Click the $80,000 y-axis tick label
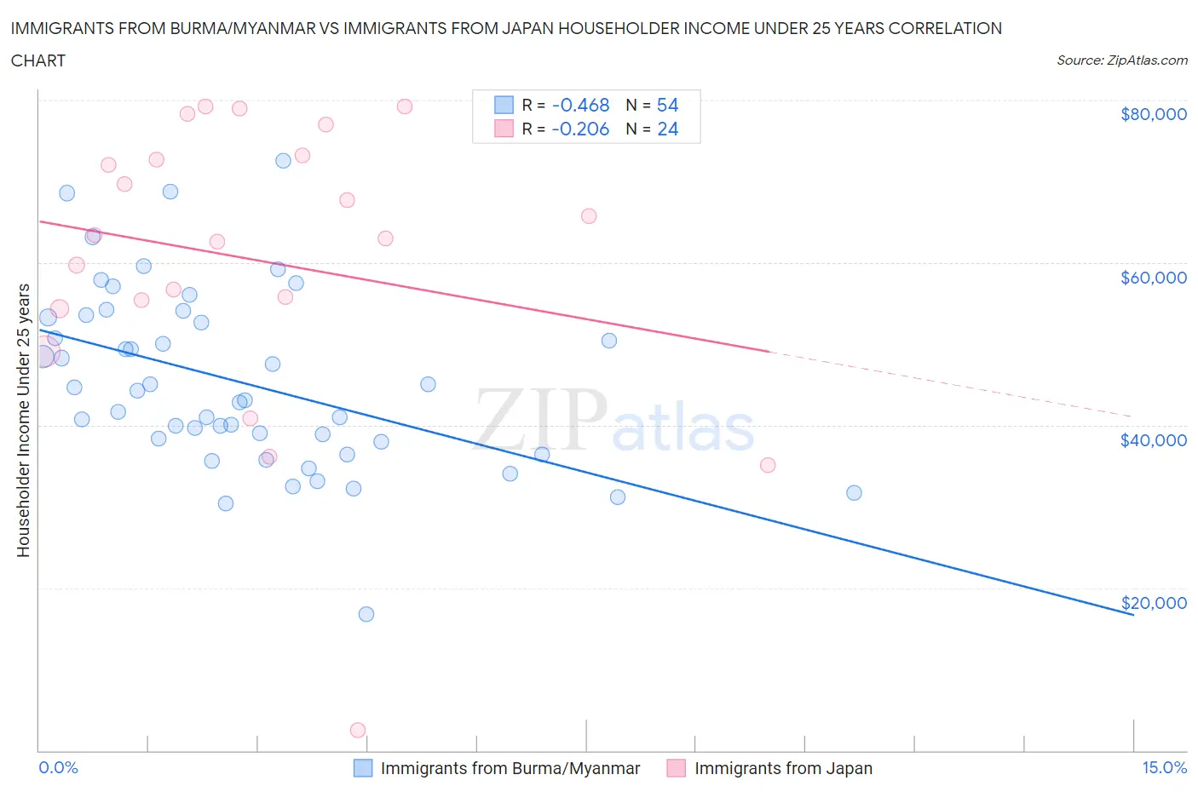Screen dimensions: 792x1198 click(1153, 114)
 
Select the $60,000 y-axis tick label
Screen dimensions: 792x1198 click(1153, 277)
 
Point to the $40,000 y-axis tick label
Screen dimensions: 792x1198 click(1153, 439)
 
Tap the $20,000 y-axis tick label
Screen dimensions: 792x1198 click(1153, 602)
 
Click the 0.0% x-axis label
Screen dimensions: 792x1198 click(58, 767)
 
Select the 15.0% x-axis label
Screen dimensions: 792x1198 click(1164, 767)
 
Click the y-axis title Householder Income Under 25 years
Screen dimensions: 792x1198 click(23, 420)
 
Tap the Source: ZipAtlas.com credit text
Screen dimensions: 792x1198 click(1121, 60)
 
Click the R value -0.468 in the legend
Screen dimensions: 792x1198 click(580, 105)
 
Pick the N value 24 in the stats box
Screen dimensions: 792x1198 click(667, 129)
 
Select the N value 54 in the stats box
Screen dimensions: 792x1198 click(667, 105)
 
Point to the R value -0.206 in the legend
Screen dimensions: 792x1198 click(580, 129)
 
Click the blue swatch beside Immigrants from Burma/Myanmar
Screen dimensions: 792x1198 click(363, 768)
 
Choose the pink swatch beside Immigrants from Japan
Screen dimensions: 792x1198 click(677, 768)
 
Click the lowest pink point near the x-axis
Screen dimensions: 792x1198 click(358, 730)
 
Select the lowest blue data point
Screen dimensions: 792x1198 click(366, 614)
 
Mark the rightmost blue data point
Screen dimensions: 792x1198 click(854, 492)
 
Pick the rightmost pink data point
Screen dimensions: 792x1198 click(768, 465)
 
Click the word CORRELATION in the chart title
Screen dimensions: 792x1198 click(945, 28)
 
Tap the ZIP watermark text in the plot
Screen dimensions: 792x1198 click(541, 420)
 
